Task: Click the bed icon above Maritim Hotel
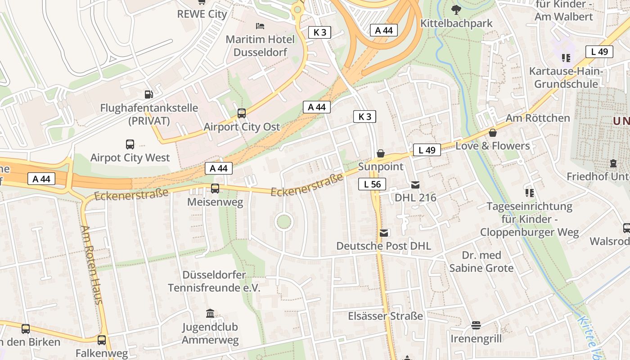point(260,26)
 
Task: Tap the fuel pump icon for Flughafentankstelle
point(148,94)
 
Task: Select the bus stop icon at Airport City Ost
point(242,113)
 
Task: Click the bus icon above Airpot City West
point(130,144)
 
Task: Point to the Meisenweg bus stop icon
point(215,189)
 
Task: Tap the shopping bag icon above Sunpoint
point(381,153)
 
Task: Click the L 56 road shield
point(372,184)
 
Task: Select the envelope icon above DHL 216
point(415,184)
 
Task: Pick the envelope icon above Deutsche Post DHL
point(384,233)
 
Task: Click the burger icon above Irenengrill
point(476,325)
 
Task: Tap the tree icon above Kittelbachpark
point(456,9)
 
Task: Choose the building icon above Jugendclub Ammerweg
point(210,313)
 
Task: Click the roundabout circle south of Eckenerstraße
point(284,222)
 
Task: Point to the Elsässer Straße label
point(385,316)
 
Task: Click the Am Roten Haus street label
point(92,265)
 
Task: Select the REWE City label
point(202,14)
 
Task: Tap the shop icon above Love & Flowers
point(493,133)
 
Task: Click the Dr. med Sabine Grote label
point(481,261)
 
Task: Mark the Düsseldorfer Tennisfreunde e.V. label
point(214,281)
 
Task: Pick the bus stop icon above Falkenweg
point(102,340)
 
